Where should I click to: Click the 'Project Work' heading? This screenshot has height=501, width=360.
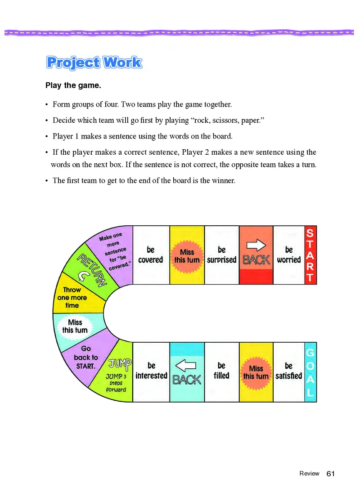coord(94,63)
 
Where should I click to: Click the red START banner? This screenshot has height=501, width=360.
coord(310,255)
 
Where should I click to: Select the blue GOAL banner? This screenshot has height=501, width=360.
coord(310,372)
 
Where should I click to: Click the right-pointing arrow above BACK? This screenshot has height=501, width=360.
coord(256,245)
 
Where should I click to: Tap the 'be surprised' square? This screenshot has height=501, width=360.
coord(221,255)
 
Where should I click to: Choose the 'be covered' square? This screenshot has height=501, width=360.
coord(151,255)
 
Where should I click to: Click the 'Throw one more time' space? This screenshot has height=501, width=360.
coord(72,297)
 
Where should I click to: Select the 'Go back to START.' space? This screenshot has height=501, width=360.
coord(85,357)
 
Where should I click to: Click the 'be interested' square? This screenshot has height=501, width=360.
coord(151,371)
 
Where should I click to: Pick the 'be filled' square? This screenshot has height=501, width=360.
coord(221,371)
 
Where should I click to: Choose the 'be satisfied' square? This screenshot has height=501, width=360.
coord(288,371)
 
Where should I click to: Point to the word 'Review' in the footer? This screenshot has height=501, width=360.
coord(309,474)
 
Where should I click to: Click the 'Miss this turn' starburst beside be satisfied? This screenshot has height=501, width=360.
coord(256,372)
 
